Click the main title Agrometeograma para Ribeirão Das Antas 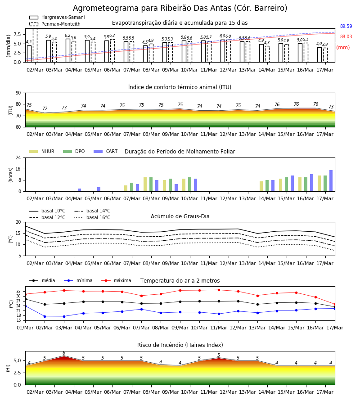tap(180, 8)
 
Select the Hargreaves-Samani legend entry tap(57, 17)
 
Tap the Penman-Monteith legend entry tap(55, 24)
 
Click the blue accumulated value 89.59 tap(346, 27)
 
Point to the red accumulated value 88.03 tap(346, 37)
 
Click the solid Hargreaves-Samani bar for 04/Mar tap(68, 50)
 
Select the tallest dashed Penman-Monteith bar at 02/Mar tap(35, 45)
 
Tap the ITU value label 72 tap(45, 108)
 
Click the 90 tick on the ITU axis tap(18, 93)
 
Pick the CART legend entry tap(106, 151)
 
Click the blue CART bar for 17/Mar tap(331, 181)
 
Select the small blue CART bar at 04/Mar tap(79, 190)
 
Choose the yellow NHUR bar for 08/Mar tap(145, 184)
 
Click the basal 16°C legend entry tap(92, 218)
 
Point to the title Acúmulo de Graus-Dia tap(180, 216)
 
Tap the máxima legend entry tap(116, 280)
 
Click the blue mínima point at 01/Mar tap(25, 306)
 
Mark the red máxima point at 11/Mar tap(219, 290)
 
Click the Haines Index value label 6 tap(64, 353)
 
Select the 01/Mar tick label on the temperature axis tap(25, 328)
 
